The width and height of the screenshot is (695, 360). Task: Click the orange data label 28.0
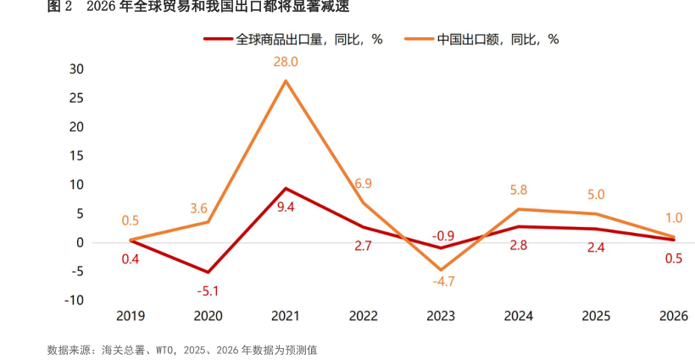(x=285, y=62)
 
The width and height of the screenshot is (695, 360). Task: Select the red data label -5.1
(x=208, y=291)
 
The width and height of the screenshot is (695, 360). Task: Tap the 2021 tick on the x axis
(x=286, y=317)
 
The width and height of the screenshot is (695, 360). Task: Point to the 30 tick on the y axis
(x=77, y=69)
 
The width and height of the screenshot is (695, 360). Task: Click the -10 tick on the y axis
(x=75, y=300)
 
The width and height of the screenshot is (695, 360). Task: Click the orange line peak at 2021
(x=286, y=80)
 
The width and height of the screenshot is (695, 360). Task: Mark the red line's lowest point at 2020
(x=208, y=272)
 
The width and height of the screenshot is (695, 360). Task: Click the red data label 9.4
(x=286, y=206)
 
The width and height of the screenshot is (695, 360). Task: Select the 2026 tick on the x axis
(x=673, y=317)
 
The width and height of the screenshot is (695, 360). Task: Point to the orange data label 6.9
(x=363, y=183)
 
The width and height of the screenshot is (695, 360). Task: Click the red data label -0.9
(x=442, y=235)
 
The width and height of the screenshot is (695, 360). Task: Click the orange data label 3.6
(x=208, y=208)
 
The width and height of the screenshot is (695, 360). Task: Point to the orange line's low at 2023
(x=440, y=269)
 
